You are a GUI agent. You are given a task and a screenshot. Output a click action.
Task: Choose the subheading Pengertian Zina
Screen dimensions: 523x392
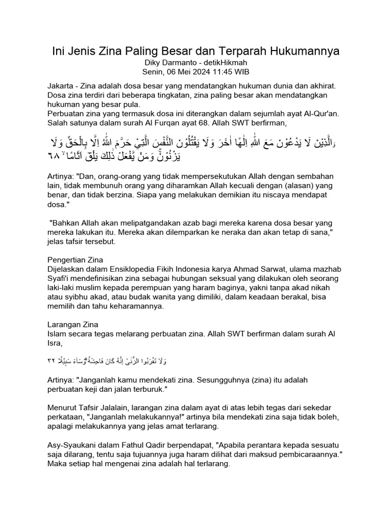(x=75, y=260)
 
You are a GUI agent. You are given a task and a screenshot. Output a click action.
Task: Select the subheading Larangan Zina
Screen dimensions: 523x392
(x=72, y=325)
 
